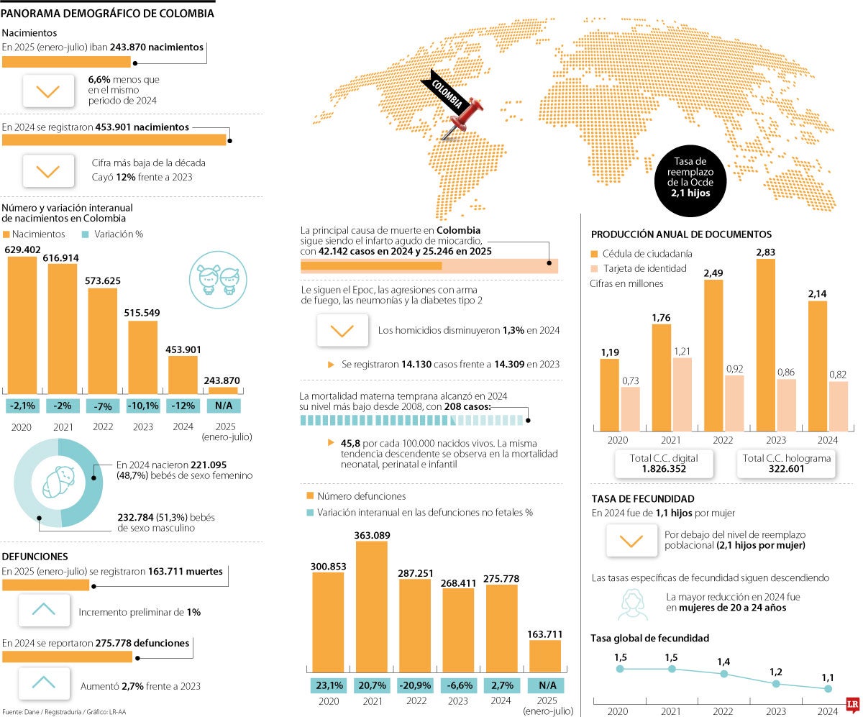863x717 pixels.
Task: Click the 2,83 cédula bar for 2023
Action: tap(766, 344)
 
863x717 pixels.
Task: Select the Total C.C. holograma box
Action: tap(786, 463)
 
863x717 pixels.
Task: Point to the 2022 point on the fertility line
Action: tap(724, 674)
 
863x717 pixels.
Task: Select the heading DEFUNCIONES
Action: tap(35, 556)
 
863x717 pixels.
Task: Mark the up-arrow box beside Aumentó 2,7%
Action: tap(44, 683)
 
